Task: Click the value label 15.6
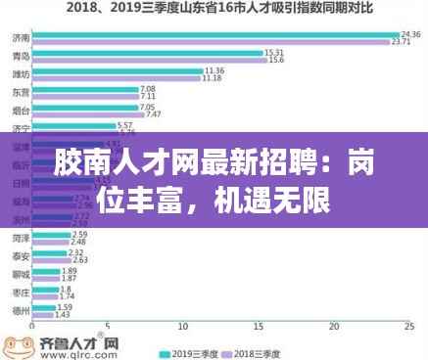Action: pos(276,61)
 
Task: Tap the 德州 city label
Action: pos(21,311)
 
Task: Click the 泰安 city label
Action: pos(21,256)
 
